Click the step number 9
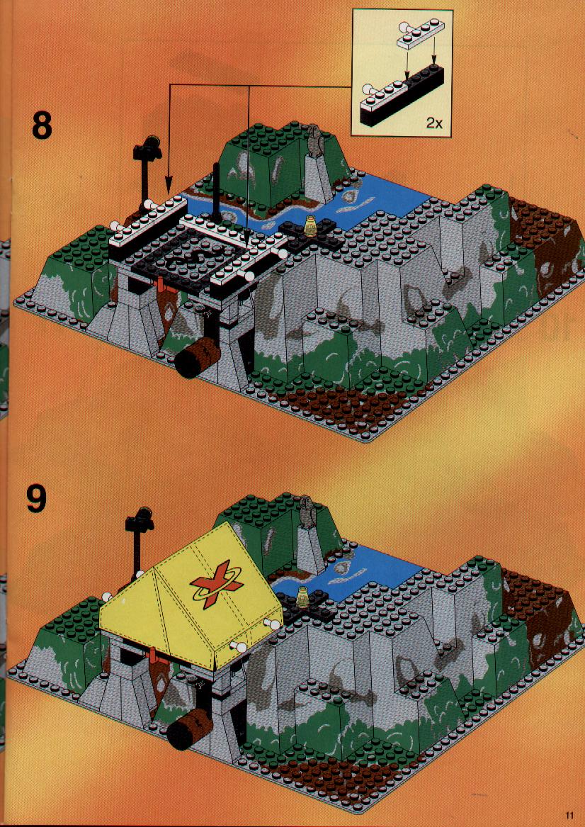click(x=36, y=498)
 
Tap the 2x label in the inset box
click(x=434, y=123)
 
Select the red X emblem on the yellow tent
click(x=217, y=584)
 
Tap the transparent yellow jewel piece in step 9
click(x=304, y=595)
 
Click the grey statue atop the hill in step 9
click(x=306, y=510)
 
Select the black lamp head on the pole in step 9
click(x=139, y=519)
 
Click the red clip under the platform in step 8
click(x=157, y=286)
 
